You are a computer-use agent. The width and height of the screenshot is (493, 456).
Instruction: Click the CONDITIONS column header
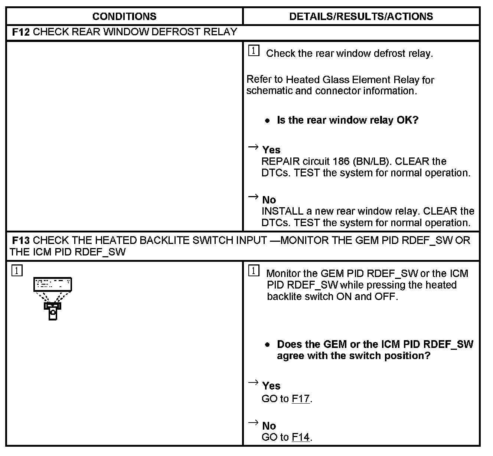[124, 16]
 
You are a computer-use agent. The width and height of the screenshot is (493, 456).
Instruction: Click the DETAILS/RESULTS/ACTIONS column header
[361, 16]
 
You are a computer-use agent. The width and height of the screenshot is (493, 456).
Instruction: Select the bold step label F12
[21, 32]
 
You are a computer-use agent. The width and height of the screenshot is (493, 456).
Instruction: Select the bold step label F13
[21, 241]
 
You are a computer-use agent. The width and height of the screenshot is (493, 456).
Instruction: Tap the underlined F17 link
[301, 399]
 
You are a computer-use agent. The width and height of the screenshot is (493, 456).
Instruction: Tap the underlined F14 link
[301, 437]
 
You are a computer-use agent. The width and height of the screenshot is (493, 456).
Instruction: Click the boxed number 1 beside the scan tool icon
[17, 270]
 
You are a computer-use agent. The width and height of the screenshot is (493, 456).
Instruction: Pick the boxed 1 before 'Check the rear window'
[254, 51]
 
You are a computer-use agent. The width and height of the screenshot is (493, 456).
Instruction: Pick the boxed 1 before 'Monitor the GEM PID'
[254, 271]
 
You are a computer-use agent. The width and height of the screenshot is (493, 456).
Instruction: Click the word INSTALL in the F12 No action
[283, 211]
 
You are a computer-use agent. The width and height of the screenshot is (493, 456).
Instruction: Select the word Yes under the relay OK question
[271, 150]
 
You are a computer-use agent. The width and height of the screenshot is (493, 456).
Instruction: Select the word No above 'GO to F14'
[269, 426]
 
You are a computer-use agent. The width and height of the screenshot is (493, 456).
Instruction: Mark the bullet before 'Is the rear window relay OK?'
[267, 121]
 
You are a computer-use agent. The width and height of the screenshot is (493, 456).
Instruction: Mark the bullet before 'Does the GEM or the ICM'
[267, 345]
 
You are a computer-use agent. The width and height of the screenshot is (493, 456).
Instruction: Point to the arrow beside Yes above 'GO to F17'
[253, 382]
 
